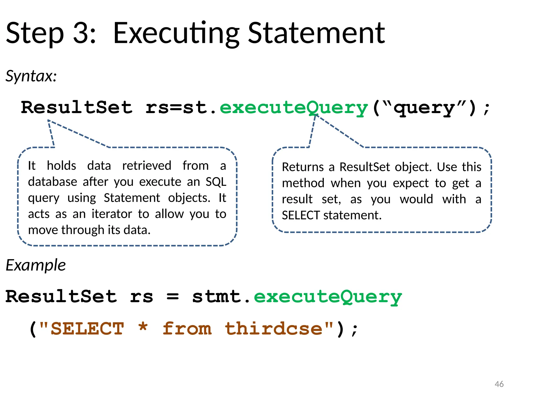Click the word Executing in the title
point(176,33)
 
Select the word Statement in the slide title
point(316,33)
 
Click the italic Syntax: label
point(31,76)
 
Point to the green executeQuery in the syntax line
point(294,108)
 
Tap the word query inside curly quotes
point(424,108)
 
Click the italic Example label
point(36,265)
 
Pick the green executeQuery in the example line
point(328,297)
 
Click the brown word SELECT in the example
point(87,329)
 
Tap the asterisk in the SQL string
point(143,327)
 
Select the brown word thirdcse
point(273,329)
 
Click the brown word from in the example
point(187,329)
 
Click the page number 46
point(499,384)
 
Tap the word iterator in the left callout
point(112,214)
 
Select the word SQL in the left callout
point(216,182)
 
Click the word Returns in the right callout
point(303,167)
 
